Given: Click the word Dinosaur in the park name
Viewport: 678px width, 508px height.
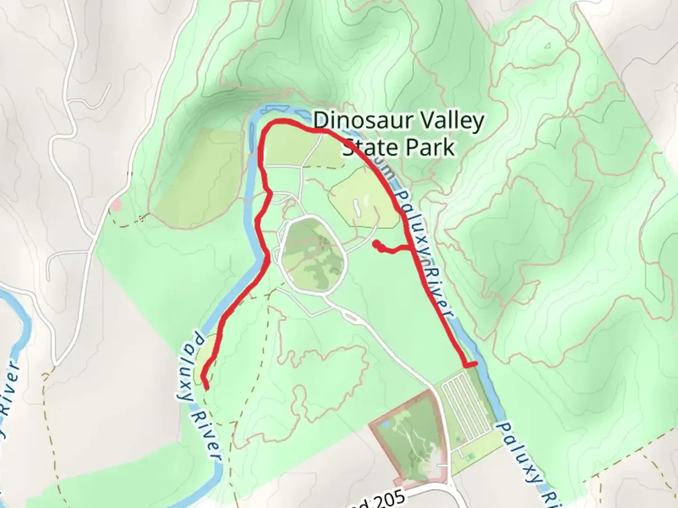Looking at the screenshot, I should (358, 120).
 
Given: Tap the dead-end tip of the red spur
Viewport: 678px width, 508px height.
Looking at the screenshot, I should (376, 244).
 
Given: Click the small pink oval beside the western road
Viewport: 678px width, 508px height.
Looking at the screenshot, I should (115, 206).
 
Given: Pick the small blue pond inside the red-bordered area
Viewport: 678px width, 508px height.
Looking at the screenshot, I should (386, 424).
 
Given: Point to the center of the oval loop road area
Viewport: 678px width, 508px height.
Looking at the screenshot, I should (313, 255).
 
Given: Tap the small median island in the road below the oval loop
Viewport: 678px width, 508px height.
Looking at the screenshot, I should (351, 317).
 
